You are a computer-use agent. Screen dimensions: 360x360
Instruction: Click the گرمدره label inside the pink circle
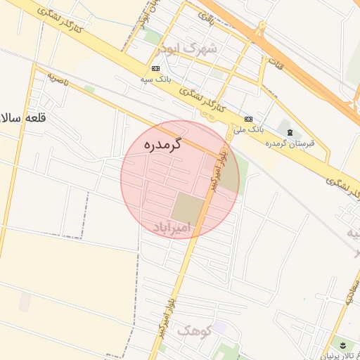coord(162,145)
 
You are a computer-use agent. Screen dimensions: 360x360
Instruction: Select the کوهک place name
coord(194,329)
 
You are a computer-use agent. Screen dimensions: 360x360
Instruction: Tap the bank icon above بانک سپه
coord(155,68)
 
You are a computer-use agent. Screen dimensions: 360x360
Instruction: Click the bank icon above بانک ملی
coord(248,120)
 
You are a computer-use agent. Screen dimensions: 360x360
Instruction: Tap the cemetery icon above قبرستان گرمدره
coord(290,133)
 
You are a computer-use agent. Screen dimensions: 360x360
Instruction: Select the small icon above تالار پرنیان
coord(342,344)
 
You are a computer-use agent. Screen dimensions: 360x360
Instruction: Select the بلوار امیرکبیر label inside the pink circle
coord(219,169)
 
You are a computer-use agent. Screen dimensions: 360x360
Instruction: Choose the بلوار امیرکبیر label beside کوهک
coord(168,310)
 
